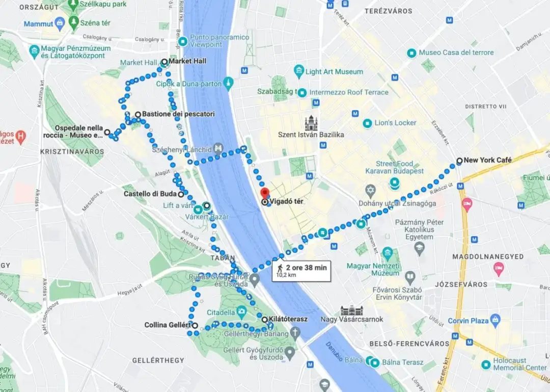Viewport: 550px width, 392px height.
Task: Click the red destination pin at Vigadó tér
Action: point(264,193)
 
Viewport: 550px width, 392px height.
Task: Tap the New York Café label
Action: point(487,160)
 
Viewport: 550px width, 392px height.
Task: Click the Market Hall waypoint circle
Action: point(164,62)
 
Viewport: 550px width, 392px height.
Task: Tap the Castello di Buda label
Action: point(150,194)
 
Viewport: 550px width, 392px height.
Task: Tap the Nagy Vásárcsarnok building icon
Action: point(351,310)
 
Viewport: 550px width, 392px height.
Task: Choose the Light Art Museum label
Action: point(334,72)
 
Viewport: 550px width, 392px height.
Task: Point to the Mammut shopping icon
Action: point(60,23)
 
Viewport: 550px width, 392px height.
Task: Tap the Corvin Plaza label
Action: point(468,321)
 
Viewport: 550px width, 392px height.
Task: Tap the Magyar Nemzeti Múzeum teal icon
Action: point(388,252)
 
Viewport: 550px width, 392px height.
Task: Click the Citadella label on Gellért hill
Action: point(221,312)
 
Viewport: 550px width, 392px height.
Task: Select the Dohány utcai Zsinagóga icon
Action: point(371,192)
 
